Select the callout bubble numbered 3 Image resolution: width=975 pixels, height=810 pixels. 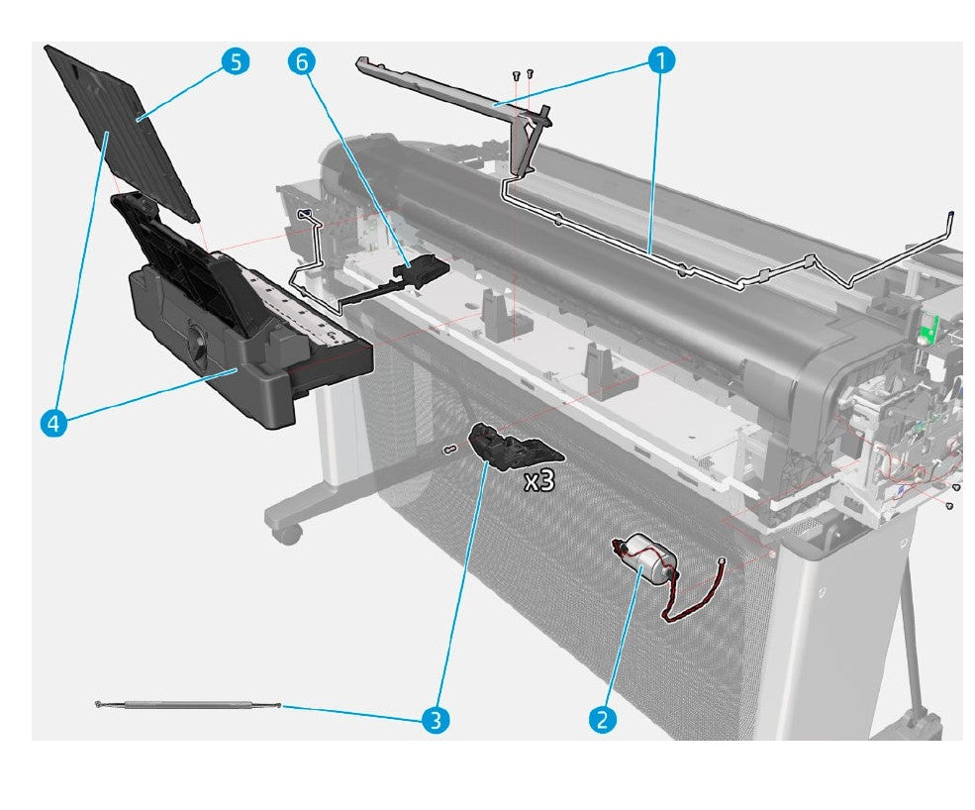[434, 719]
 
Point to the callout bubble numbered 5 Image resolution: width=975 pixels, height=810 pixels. [235, 61]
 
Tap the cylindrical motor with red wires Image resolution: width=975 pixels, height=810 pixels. [648, 558]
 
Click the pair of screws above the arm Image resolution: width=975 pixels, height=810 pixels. [522, 74]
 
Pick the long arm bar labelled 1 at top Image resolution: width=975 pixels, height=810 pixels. [445, 89]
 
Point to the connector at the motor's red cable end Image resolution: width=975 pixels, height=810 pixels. [725, 563]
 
